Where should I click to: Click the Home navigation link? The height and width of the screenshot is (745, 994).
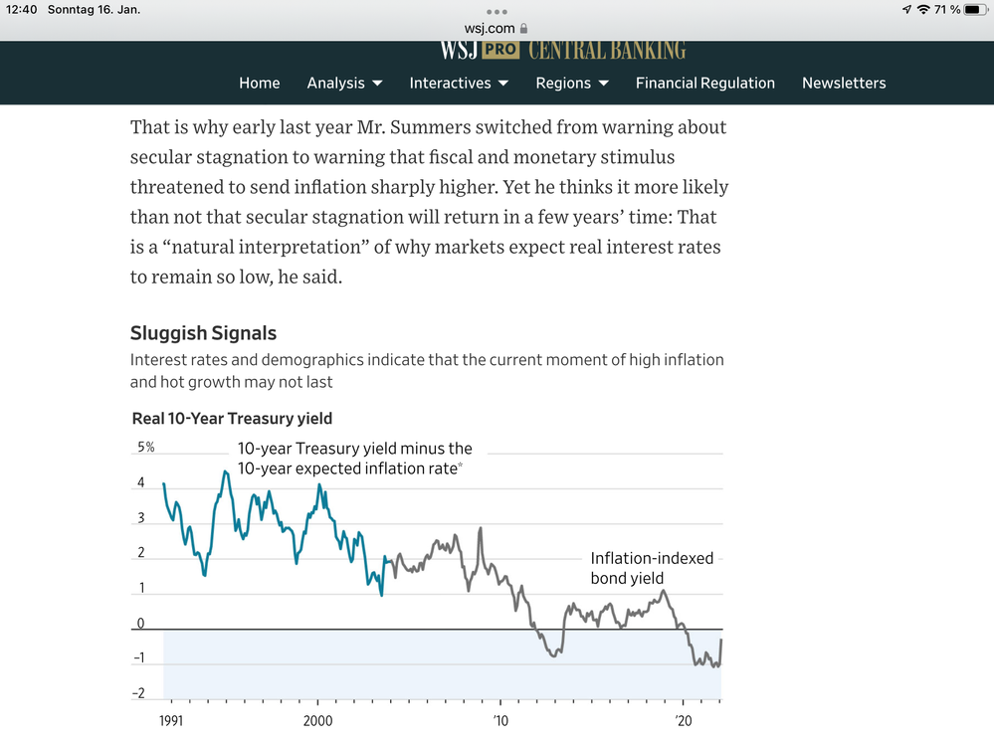click(x=259, y=84)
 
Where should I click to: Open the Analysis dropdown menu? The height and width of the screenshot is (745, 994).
click(x=344, y=84)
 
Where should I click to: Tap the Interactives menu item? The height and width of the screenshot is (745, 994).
click(x=459, y=84)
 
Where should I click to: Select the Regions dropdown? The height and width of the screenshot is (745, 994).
click(x=571, y=84)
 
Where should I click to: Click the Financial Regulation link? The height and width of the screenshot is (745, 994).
click(x=704, y=84)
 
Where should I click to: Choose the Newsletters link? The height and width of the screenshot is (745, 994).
click(x=844, y=84)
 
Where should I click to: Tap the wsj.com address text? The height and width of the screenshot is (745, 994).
click(x=489, y=29)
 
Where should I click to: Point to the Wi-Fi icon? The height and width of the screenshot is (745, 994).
click(x=923, y=10)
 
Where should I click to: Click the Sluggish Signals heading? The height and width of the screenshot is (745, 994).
click(x=203, y=333)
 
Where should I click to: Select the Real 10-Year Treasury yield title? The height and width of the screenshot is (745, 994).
click(x=232, y=419)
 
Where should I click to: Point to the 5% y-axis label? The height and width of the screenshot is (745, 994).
click(x=145, y=448)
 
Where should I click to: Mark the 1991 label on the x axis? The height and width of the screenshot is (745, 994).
click(x=170, y=720)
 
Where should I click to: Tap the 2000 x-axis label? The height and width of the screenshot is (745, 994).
click(x=317, y=720)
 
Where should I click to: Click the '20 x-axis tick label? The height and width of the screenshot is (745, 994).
click(x=684, y=720)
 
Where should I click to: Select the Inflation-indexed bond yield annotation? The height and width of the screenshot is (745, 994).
click(x=652, y=568)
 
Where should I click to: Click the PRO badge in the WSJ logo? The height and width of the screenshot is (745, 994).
click(x=500, y=50)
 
